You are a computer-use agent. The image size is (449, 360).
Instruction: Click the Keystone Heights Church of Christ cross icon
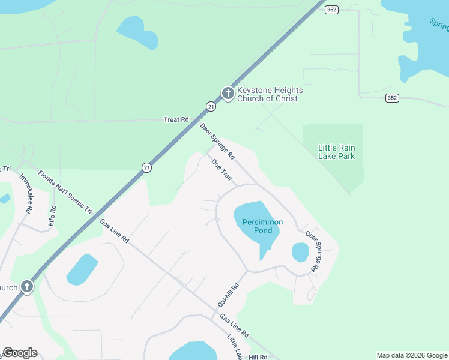(x=228, y=93)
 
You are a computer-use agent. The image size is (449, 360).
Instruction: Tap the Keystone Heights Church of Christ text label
(x=270, y=95)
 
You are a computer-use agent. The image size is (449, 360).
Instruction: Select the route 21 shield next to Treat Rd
(x=211, y=106)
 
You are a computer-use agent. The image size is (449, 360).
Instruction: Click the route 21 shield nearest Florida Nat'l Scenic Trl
(x=147, y=168)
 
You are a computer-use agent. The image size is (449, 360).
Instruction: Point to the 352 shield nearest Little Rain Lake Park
(x=392, y=98)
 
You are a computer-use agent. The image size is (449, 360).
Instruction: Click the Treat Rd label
(x=176, y=120)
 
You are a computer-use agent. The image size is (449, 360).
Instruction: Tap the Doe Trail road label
(x=221, y=170)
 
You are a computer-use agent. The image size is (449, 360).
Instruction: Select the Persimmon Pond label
(x=262, y=226)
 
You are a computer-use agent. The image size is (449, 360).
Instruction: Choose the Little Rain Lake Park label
(x=336, y=152)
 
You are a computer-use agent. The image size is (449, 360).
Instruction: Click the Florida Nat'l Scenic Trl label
(x=65, y=192)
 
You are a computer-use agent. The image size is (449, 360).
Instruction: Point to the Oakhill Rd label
(x=232, y=296)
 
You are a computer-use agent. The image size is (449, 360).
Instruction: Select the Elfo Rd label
(x=52, y=216)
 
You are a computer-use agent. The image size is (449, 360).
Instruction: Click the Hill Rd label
(x=257, y=356)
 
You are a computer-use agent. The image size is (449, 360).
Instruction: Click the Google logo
(x=20, y=353)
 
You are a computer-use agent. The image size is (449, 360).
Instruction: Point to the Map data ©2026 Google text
(x=412, y=355)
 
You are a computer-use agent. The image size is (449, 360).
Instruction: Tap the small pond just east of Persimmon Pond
(x=300, y=252)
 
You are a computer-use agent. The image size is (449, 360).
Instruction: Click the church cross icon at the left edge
(x=26, y=287)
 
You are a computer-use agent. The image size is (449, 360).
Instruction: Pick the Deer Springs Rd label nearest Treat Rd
(x=217, y=140)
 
